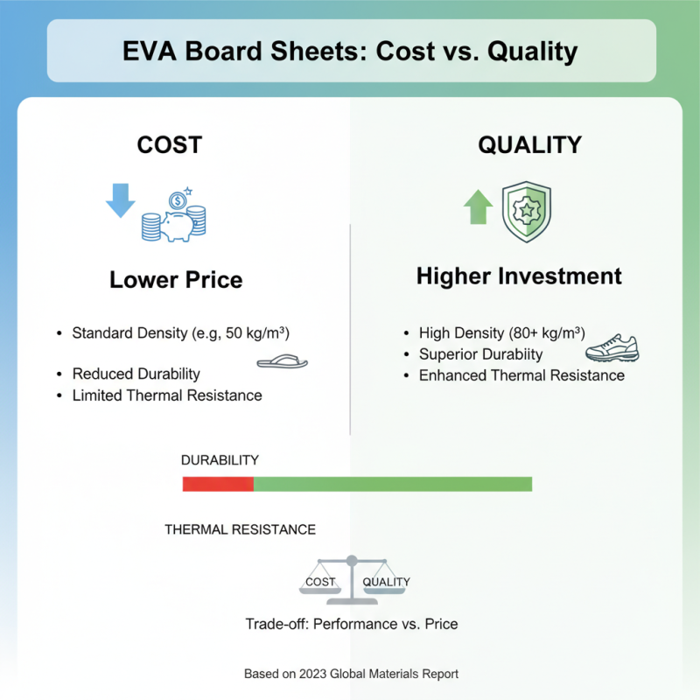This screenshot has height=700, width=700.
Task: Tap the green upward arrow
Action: click(x=477, y=207)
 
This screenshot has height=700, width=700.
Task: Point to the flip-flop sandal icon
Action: click(x=282, y=360)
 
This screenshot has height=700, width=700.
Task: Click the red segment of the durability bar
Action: click(x=218, y=484)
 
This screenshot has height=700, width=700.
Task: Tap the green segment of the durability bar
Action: click(x=392, y=484)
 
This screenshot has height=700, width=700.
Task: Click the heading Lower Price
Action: click(x=176, y=280)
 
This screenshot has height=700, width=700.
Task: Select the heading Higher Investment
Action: click(x=519, y=276)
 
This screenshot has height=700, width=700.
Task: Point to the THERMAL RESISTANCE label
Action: click(x=241, y=529)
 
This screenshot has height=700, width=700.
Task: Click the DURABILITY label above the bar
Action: click(x=220, y=459)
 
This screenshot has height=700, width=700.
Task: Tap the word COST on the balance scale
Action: click(x=319, y=582)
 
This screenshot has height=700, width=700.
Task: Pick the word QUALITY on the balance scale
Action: click(x=386, y=582)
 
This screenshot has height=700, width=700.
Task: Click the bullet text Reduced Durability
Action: click(x=136, y=374)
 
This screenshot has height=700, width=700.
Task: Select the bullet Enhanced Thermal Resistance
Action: click(x=521, y=375)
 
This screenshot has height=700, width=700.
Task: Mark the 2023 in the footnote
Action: click(x=313, y=675)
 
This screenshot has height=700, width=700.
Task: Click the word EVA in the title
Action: click(x=155, y=51)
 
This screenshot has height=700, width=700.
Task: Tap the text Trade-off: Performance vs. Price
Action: click(x=351, y=624)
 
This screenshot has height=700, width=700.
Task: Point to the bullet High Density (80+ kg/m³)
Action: click(x=501, y=333)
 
